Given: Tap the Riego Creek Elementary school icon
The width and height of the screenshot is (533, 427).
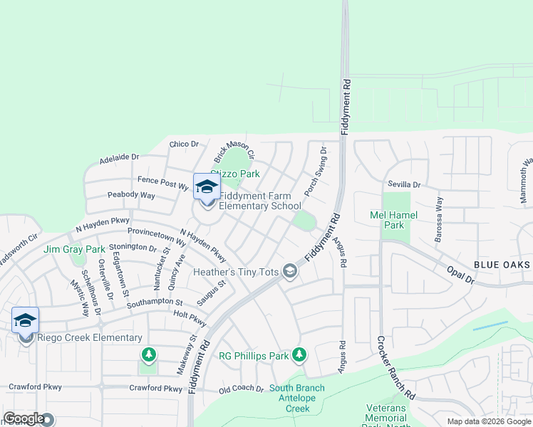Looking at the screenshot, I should pyautogui.click(x=25, y=321).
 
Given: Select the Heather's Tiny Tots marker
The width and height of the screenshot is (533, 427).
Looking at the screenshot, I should pyautogui.click(x=289, y=271).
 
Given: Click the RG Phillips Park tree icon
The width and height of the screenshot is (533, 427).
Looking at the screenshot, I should pyautogui.click(x=299, y=354).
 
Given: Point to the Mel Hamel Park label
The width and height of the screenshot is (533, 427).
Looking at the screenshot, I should pyautogui.click(x=393, y=220).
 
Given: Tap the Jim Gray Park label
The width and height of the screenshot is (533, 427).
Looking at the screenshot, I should pyautogui.click(x=74, y=249).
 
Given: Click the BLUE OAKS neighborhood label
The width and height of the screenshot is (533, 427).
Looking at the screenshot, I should pyautogui.click(x=502, y=265).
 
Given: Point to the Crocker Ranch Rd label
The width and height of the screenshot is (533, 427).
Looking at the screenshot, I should pyautogui.click(x=393, y=367).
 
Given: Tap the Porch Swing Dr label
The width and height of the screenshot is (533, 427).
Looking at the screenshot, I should pyautogui.click(x=314, y=172).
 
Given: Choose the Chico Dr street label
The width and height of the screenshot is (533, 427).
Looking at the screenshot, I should pyautogui.click(x=184, y=144).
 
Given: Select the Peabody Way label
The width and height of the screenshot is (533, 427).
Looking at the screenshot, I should pyautogui.click(x=131, y=195).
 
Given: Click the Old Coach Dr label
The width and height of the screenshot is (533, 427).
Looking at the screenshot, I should pyautogui.click(x=242, y=389).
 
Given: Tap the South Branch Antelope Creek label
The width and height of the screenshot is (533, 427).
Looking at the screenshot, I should pyautogui.click(x=296, y=399).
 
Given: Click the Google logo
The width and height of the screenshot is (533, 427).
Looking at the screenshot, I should pyautogui.click(x=24, y=419).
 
